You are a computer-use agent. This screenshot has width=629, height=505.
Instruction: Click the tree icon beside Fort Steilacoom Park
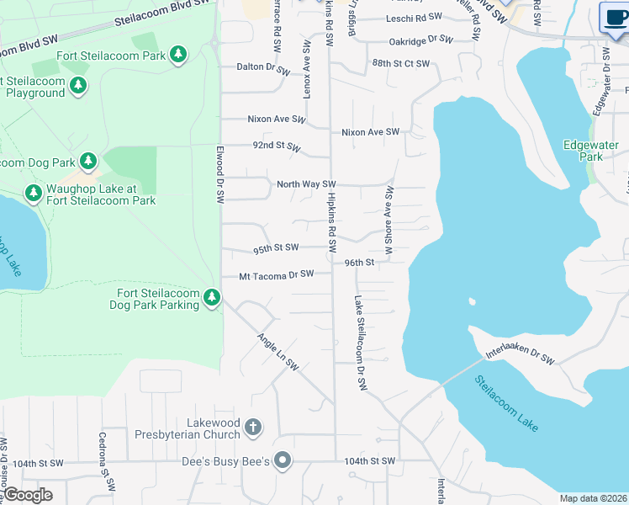pos(177,55)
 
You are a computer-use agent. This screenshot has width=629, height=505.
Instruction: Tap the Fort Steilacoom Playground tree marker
pos(78,86)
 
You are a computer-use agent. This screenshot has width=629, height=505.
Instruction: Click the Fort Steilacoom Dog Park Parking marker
pos(213,298)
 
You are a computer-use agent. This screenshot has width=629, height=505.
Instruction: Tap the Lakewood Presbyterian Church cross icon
pos(252,428)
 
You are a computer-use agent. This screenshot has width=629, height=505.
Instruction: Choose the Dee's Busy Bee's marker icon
pos(283,460)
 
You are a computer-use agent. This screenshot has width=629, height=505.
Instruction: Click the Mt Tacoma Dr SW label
pos(276,274)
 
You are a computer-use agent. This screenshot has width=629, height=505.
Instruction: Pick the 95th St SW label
pos(276,248)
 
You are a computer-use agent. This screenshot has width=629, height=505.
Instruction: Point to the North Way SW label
pos(306,183)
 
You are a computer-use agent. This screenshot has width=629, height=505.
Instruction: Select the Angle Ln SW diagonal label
pos(277,349)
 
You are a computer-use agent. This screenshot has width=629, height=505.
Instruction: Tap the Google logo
pos(28,495)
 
